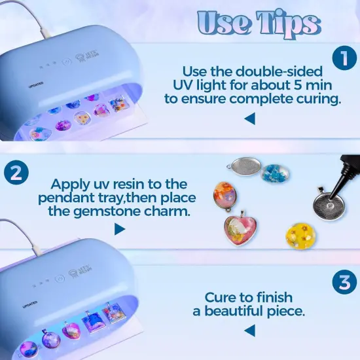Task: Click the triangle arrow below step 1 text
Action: (x=249, y=119)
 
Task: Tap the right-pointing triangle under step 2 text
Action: (x=119, y=228)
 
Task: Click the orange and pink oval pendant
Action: (x=224, y=195)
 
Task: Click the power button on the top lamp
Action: (x=65, y=63)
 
